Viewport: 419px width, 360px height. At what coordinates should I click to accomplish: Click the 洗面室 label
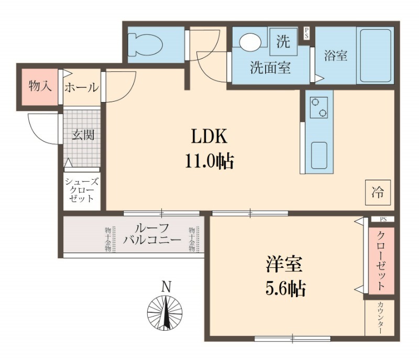point(270,68)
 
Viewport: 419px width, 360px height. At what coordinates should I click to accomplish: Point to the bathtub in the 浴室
point(374,55)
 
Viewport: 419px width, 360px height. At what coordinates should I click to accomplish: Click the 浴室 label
point(336,55)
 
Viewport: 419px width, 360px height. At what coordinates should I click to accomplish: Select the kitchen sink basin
point(318,154)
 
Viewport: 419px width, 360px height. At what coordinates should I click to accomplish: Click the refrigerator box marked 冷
point(378,192)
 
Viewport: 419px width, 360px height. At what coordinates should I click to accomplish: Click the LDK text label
point(208,137)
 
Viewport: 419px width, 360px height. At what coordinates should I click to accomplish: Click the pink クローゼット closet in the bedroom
point(380,260)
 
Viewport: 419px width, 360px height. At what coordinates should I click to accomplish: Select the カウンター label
point(380,318)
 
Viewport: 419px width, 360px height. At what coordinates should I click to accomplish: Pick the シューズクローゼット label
point(80,190)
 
